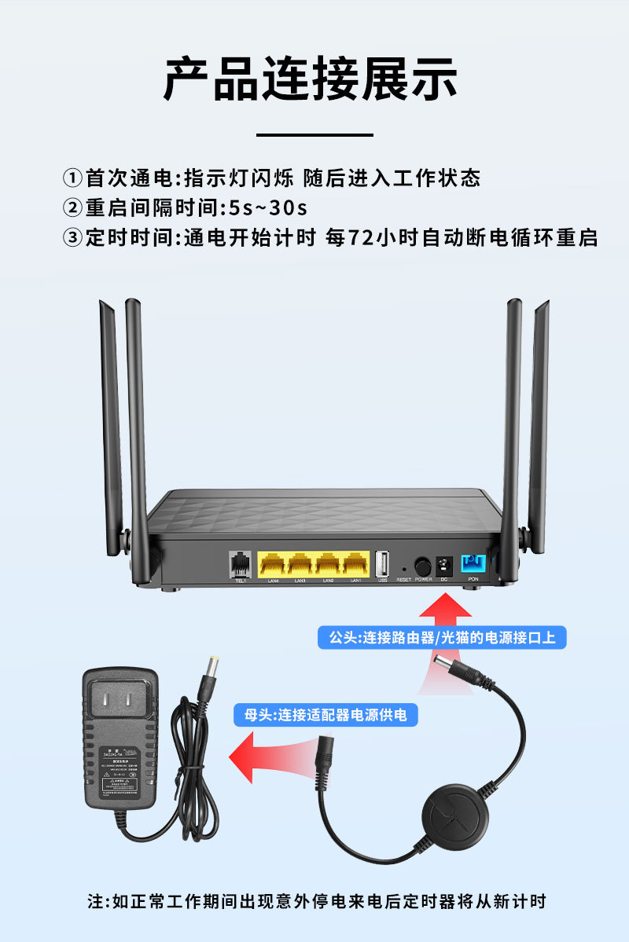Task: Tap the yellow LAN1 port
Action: [355, 563]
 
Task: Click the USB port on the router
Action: [383, 563]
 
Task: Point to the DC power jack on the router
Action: [443, 565]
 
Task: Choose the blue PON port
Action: [473, 563]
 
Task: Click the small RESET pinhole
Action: [404, 569]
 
